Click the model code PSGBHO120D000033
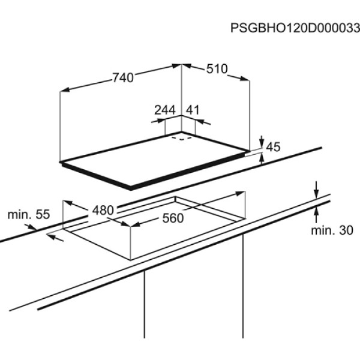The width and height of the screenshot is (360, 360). click(295, 28)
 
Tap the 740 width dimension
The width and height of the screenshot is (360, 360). click(123, 77)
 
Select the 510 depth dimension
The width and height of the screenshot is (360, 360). click(217, 68)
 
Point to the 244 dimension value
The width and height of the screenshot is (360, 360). click(165, 110)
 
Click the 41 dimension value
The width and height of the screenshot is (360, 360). click(193, 110)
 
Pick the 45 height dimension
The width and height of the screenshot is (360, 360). click(273, 147)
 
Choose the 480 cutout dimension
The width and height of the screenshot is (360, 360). click(103, 210)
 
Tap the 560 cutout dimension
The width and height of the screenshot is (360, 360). click(173, 218)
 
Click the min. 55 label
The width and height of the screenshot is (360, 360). click(29, 215)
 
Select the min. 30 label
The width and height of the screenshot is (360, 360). click(332, 230)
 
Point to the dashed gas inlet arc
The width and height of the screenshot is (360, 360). click(182, 138)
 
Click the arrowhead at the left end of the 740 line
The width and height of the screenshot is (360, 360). click(65, 89)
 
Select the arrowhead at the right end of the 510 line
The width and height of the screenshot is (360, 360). click(245, 79)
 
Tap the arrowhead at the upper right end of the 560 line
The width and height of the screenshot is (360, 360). click(239, 193)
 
